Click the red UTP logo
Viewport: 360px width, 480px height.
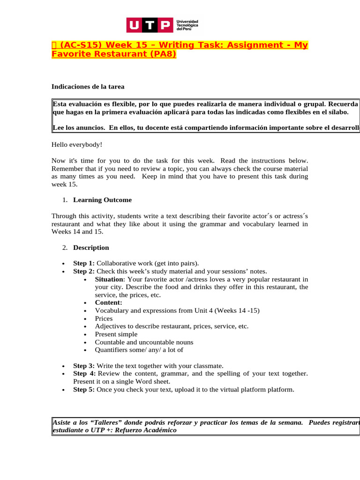click(149, 25)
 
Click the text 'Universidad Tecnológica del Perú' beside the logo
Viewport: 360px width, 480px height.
click(187, 25)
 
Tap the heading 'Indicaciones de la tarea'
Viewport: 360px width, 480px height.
click(88, 87)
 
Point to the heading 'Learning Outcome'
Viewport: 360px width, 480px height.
click(102, 200)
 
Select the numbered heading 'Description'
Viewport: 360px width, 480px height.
click(91, 247)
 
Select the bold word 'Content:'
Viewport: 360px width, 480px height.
click(108, 303)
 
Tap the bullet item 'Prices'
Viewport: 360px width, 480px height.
click(104, 319)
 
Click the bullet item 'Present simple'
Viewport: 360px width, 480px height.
click(116, 334)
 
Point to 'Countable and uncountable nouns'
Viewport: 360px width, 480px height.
click(144, 342)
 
